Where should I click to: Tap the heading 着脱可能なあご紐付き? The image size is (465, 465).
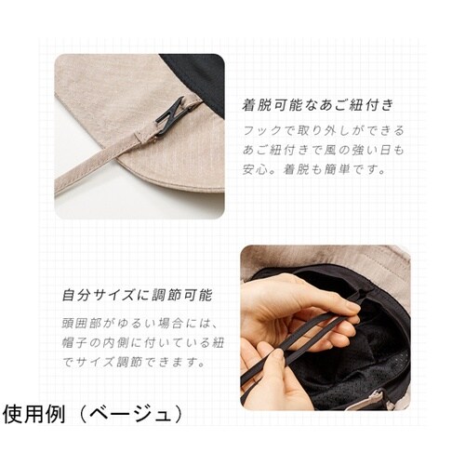(x=318, y=103)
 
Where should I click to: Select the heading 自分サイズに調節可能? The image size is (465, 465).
(x=138, y=296)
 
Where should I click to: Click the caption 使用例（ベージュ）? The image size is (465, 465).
(x=93, y=413)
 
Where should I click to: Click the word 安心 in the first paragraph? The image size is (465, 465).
(x=254, y=171)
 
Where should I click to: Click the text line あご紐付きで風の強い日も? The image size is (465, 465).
(x=321, y=151)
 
